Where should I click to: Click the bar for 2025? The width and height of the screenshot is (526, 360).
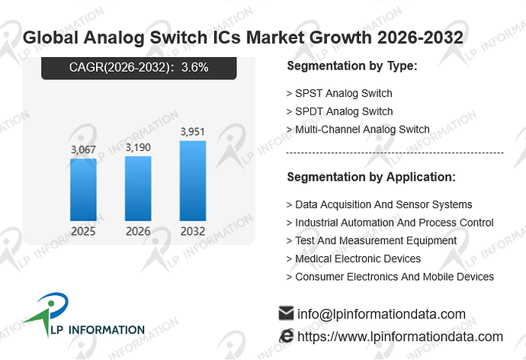pyautogui.click(x=83, y=190)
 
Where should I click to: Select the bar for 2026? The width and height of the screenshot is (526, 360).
pyautogui.click(x=138, y=188)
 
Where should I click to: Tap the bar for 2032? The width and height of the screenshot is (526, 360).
pyautogui.click(x=193, y=181)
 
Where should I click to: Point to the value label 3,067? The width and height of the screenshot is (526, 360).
pyautogui.click(x=83, y=149)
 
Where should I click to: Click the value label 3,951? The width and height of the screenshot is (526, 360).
pyautogui.click(x=193, y=131)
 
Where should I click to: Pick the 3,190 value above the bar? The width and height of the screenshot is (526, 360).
pyautogui.click(x=138, y=147)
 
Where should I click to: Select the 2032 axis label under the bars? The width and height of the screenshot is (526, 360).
pyautogui.click(x=193, y=231)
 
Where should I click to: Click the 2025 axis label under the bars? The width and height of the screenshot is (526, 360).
pyautogui.click(x=83, y=231)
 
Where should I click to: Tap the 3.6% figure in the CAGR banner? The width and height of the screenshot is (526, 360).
pyautogui.click(x=195, y=67)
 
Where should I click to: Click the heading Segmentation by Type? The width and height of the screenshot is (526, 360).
pyautogui.click(x=352, y=66)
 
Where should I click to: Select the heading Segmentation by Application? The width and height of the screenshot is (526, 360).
pyautogui.click(x=371, y=177)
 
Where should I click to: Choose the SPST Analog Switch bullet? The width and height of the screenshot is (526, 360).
pyautogui.click(x=339, y=93)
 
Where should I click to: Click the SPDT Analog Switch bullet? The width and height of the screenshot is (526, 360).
pyautogui.click(x=339, y=111)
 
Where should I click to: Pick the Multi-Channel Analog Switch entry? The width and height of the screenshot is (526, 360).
pyautogui.click(x=358, y=130)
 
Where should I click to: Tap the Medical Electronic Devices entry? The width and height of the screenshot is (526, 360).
pyautogui.click(x=354, y=259)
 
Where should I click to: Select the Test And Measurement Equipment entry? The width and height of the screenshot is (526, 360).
pyautogui.click(x=371, y=240)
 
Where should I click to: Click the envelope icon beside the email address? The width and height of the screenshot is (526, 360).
pyautogui.click(x=286, y=313)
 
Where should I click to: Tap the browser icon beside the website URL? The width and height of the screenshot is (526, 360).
pyautogui.click(x=286, y=336)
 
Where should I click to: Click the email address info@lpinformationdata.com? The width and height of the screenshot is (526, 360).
pyautogui.click(x=381, y=314)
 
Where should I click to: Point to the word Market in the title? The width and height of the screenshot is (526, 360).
pyautogui.click(x=274, y=37)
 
